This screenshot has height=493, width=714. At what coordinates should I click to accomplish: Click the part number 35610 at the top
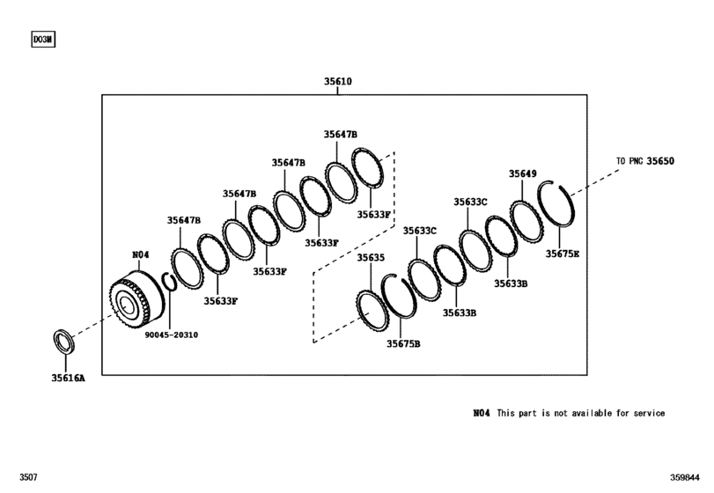(339, 82)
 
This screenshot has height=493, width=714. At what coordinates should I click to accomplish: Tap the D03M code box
(42, 40)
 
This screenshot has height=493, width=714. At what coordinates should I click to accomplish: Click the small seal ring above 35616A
(63, 340)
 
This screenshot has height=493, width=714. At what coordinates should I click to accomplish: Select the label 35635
(371, 258)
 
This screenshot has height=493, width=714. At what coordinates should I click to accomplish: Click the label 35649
(522, 174)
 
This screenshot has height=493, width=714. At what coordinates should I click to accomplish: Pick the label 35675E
(563, 254)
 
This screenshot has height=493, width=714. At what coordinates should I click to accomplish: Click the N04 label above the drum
(141, 254)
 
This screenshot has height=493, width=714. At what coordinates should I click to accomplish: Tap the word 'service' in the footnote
(644, 413)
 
